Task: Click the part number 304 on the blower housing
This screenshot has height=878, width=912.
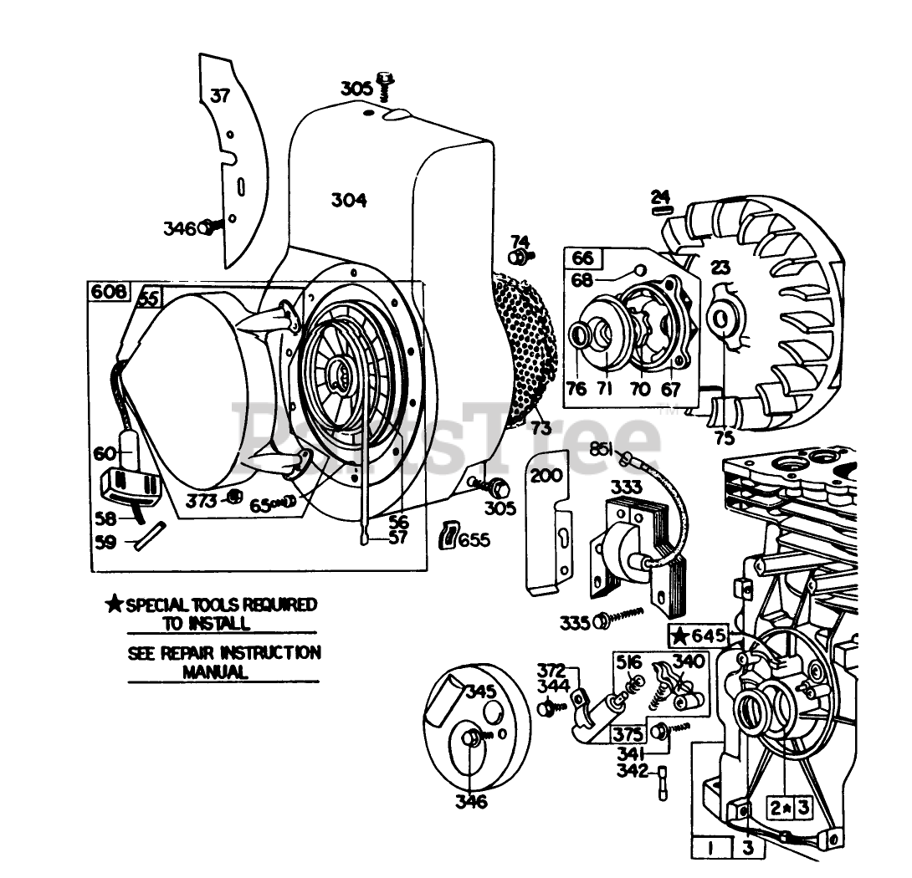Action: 348,201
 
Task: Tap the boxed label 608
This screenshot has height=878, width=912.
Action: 108,291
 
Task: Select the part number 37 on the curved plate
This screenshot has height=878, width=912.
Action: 219,94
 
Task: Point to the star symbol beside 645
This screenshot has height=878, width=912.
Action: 681,635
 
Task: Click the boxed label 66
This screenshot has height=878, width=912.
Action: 582,258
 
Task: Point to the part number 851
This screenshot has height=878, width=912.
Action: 602,449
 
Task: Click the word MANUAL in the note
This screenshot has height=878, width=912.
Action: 216,671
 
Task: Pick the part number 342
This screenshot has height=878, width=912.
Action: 632,770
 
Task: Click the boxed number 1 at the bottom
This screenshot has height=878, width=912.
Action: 709,848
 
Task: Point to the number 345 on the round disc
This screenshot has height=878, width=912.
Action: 481,692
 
